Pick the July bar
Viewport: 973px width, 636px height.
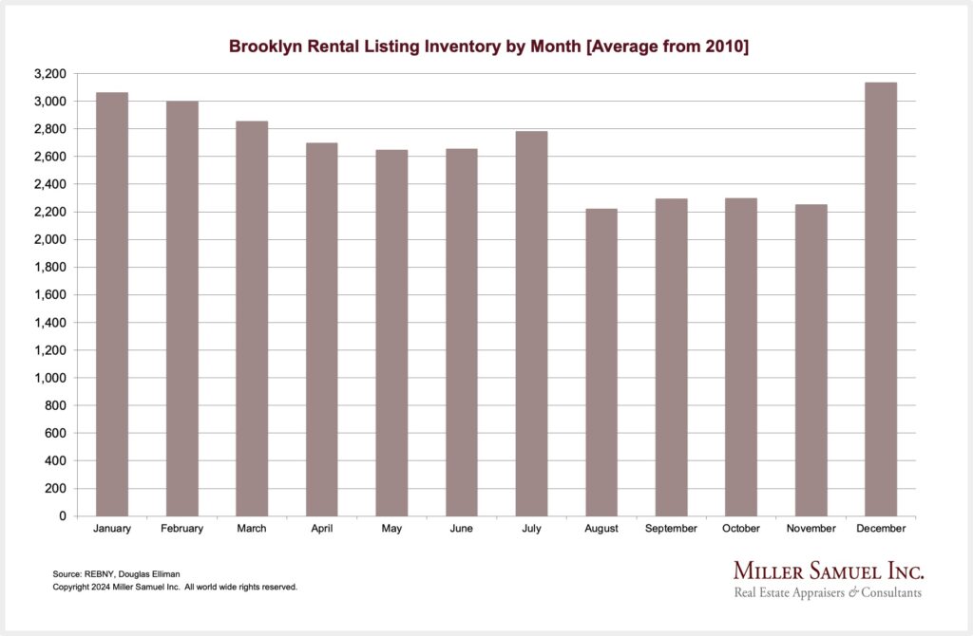point(531,324)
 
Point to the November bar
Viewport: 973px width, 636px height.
point(811,360)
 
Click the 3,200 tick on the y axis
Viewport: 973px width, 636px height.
point(50,74)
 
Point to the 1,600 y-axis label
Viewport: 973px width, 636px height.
point(50,295)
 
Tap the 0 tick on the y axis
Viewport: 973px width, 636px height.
point(62,516)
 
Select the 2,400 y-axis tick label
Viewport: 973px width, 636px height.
point(50,184)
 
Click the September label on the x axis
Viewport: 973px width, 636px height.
point(671,529)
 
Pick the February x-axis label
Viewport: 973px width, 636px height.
point(181,529)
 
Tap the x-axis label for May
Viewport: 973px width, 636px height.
point(391,529)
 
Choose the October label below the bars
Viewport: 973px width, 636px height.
point(740,529)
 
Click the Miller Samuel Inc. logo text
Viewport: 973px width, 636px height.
point(828,571)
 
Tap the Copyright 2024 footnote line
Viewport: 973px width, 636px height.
point(175,588)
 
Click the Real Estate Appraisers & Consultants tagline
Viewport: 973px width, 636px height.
point(827,593)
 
